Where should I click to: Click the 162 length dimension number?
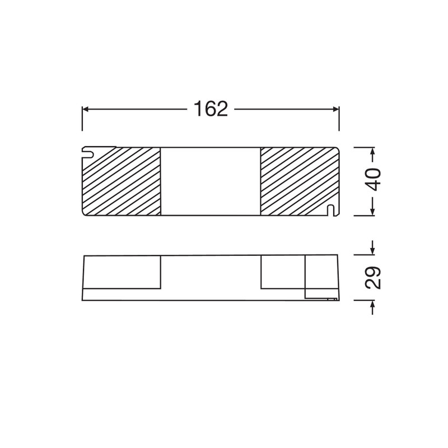pos(211,109)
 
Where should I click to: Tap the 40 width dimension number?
pos(374,179)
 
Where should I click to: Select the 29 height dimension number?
pos(374,278)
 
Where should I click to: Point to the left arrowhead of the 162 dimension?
pos(85,109)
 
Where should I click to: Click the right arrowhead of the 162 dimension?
pos(336,109)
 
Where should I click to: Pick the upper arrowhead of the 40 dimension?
pos(372,150)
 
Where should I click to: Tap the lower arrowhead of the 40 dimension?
pos(372,212)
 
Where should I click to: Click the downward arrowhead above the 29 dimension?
pos(372,251)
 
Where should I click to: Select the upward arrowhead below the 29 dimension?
pos(372,303)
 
